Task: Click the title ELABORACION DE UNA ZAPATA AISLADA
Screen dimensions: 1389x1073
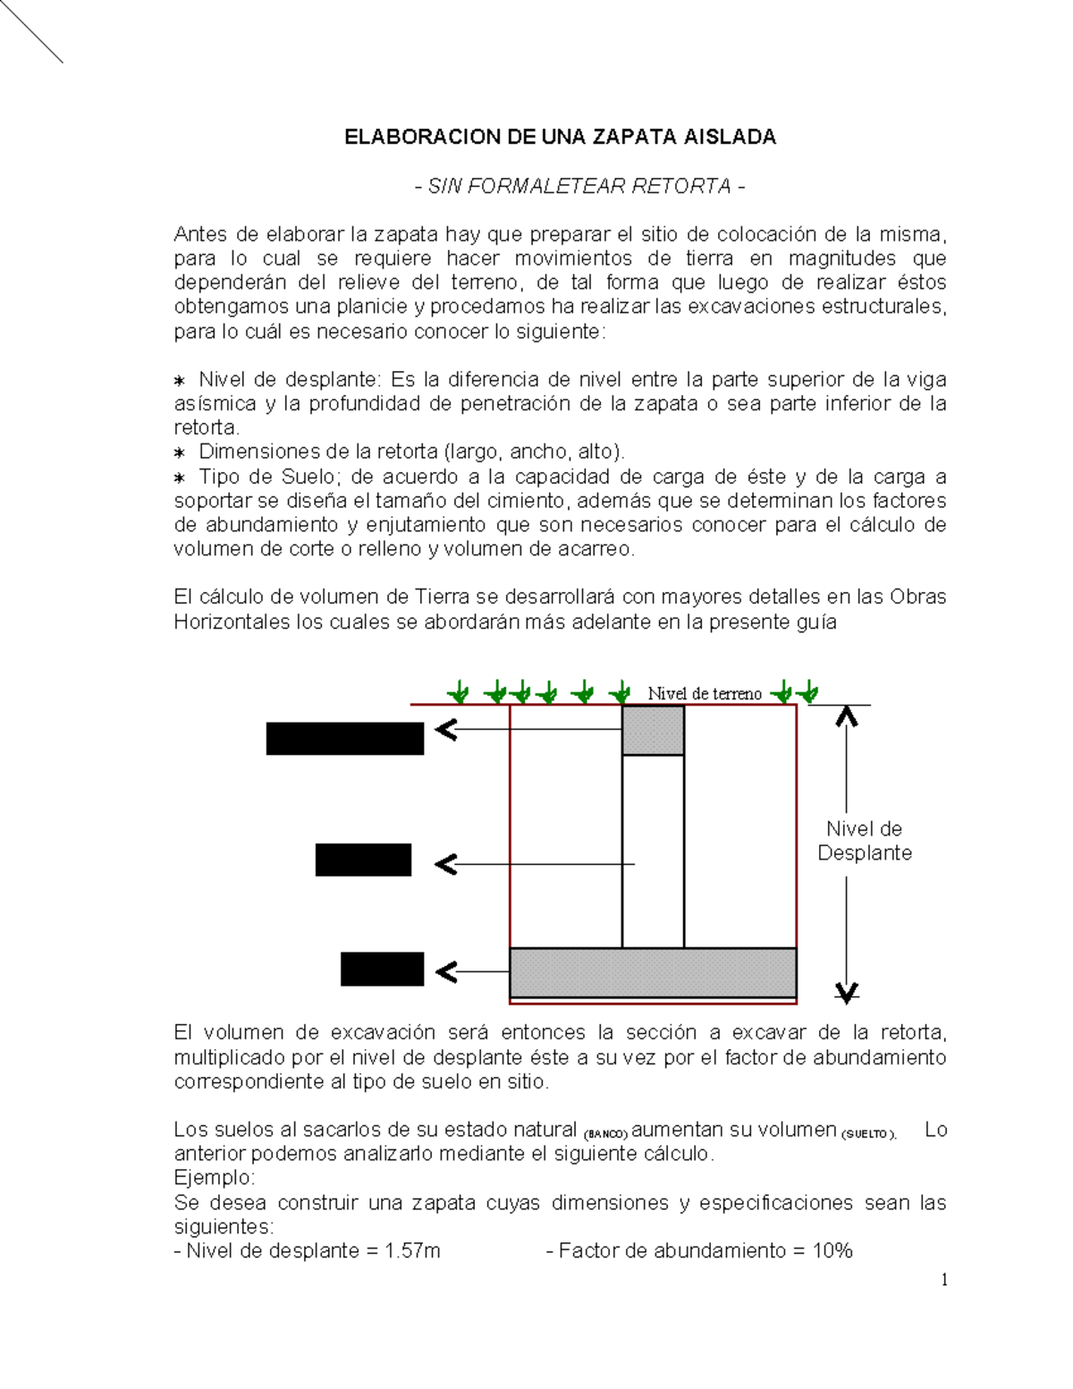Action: (x=561, y=137)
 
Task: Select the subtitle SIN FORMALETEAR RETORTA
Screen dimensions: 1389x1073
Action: (x=579, y=186)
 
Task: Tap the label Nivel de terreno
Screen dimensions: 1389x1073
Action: (x=705, y=693)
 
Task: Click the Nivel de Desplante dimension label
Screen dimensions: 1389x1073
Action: (x=864, y=841)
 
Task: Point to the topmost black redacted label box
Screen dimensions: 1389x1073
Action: (x=344, y=739)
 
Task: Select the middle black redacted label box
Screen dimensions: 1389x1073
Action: (x=363, y=860)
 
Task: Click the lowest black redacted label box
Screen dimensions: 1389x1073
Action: (x=382, y=970)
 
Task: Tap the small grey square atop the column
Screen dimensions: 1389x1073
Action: (x=653, y=730)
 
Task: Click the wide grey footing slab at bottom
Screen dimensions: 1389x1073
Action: (x=653, y=971)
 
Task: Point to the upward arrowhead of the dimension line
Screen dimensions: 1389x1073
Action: (x=846, y=716)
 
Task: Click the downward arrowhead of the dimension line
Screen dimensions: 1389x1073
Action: (x=846, y=991)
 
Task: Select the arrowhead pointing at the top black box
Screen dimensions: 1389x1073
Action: (x=445, y=731)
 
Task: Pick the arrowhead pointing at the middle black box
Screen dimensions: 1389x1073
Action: (x=445, y=864)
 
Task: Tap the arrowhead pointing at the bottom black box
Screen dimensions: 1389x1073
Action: (x=445, y=971)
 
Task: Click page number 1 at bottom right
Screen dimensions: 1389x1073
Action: (x=943, y=1280)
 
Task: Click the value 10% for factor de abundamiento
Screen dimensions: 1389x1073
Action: (x=832, y=1250)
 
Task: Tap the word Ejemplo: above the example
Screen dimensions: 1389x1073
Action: (x=215, y=1178)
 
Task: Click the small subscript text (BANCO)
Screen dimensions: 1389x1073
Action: (x=606, y=1134)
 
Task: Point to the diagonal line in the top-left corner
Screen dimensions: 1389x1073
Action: (x=31, y=31)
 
